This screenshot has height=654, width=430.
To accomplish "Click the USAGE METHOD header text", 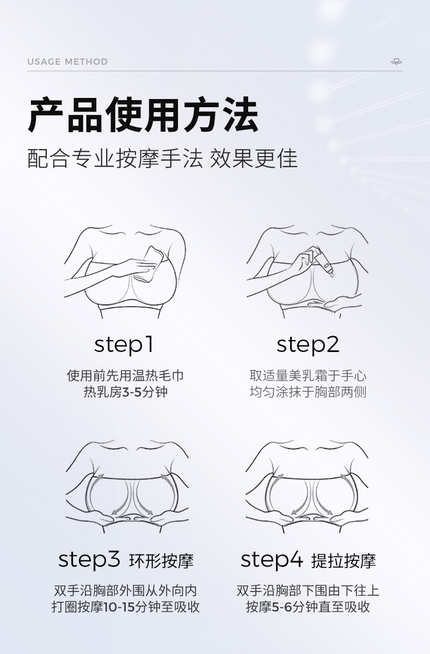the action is click(x=67, y=61).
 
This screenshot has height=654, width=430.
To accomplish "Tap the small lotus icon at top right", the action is click(x=396, y=61).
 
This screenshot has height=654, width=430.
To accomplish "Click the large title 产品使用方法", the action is click(x=143, y=115).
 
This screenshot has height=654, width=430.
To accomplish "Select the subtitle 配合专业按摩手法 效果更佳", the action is click(x=162, y=158).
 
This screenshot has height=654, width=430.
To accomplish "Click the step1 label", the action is click(x=124, y=345).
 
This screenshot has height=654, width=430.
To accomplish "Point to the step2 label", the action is click(x=308, y=345).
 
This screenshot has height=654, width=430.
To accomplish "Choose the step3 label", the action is click(x=89, y=560).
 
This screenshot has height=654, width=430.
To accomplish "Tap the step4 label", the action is click(x=272, y=560).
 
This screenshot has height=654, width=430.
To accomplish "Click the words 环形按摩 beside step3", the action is click(x=161, y=561).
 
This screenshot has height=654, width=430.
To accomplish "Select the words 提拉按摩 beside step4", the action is click(x=343, y=561).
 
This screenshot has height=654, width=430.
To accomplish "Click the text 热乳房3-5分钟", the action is click(x=126, y=392).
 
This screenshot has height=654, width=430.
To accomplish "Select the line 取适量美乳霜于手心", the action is click(x=308, y=375).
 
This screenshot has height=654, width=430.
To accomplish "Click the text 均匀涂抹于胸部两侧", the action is click(x=308, y=392).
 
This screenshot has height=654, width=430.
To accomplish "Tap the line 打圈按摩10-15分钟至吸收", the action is click(x=126, y=607).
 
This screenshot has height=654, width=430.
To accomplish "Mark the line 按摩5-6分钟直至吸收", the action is click(x=308, y=607).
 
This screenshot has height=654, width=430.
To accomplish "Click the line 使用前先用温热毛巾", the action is click(x=125, y=375).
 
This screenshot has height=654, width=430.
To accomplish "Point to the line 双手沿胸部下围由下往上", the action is click(x=308, y=591).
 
